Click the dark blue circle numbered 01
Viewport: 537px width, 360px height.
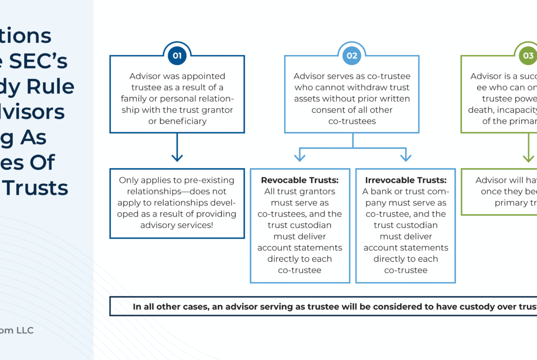[x=177, y=56]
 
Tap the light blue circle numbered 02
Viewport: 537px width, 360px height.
[x=352, y=56]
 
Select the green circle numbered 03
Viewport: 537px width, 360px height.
[x=528, y=56]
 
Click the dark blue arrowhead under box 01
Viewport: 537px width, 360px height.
[x=177, y=157]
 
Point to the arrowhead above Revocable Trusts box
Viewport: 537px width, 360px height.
[x=299, y=157]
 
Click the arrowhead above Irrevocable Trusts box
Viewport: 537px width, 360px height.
[x=405, y=157]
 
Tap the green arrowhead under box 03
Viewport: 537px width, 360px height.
[x=528, y=157]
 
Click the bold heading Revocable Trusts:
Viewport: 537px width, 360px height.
[x=299, y=180]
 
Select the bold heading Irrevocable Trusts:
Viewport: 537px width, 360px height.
[x=405, y=180]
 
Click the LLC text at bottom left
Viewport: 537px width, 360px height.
[x=22, y=330]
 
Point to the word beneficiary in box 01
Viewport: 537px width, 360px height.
[x=177, y=121]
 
